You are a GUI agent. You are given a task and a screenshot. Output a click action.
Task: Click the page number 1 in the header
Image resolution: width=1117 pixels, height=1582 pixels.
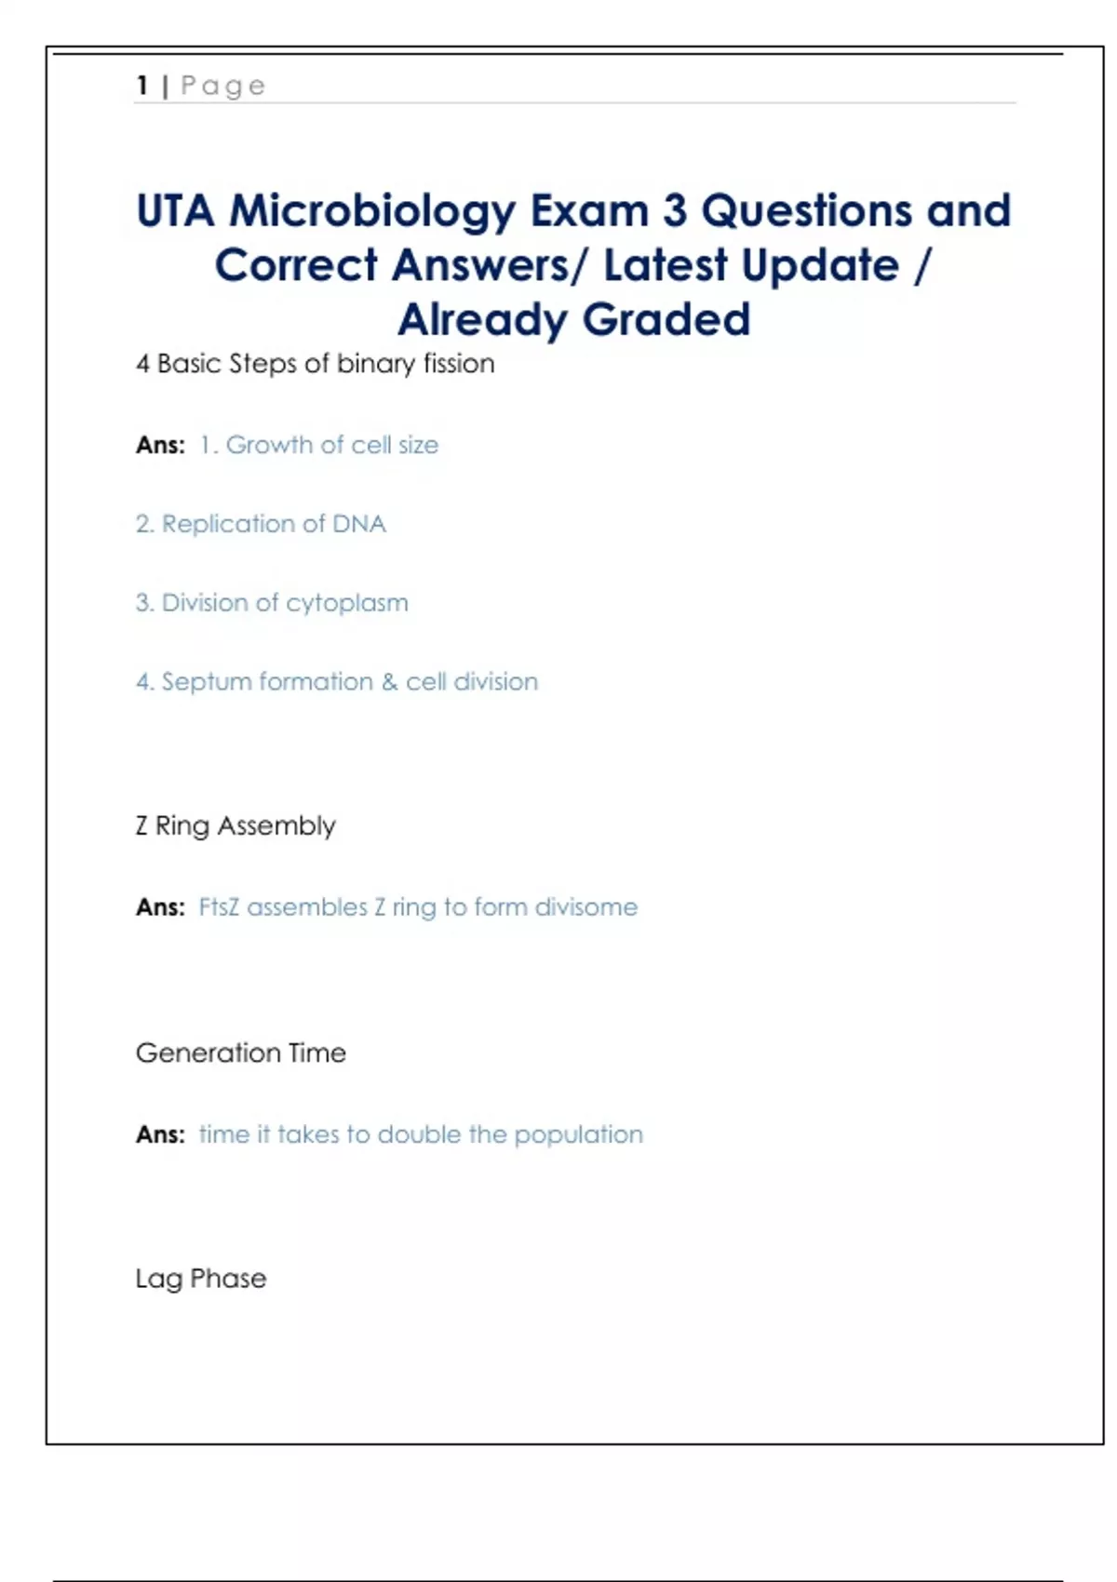(x=142, y=86)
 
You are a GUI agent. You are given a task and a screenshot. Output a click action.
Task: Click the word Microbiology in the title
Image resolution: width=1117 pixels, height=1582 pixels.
(x=372, y=212)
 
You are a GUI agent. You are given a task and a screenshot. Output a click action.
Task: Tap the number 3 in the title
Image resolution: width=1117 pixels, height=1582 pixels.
(x=675, y=211)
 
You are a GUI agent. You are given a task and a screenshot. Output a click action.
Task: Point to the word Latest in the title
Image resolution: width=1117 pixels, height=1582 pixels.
(x=666, y=266)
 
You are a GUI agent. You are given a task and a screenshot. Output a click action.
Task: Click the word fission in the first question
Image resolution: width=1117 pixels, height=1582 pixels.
(x=459, y=364)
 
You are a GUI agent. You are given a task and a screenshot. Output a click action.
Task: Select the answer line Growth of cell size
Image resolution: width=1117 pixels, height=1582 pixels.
(x=319, y=446)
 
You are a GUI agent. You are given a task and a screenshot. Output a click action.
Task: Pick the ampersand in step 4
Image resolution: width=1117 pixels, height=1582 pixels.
(x=389, y=682)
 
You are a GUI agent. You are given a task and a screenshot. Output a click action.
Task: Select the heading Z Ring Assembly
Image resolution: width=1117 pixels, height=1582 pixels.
(x=236, y=826)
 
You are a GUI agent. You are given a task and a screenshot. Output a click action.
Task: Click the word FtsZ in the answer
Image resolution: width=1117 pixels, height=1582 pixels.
(x=219, y=907)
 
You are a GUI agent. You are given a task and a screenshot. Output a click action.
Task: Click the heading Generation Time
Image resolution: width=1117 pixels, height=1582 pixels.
(x=241, y=1053)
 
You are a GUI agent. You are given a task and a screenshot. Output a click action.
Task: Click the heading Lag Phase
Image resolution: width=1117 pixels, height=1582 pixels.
(x=201, y=1280)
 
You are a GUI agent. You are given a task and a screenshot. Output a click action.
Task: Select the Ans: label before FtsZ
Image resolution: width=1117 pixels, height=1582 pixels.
(x=160, y=907)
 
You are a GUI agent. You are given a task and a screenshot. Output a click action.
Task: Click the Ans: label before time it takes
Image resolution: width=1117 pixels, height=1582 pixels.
(x=160, y=1135)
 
